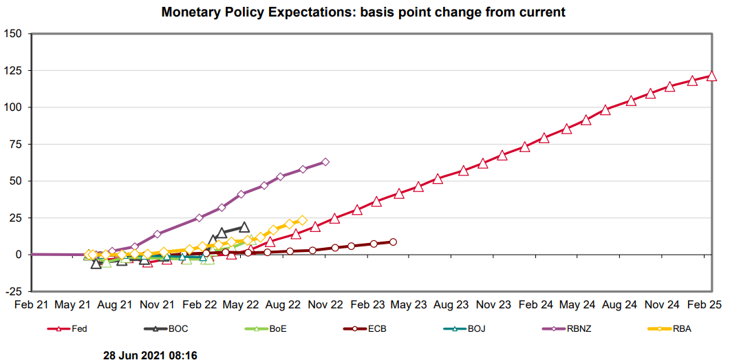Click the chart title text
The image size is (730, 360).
click(x=363, y=12)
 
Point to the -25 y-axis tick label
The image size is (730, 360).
click(x=13, y=291)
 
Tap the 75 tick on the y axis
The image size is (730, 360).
click(x=16, y=145)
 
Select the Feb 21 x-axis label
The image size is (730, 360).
click(x=31, y=304)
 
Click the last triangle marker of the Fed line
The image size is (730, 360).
click(x=711, y=76)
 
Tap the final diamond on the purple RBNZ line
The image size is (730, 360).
click(x=325, y=162)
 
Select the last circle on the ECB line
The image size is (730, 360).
click(x=393, y=242)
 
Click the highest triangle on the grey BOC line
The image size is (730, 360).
click(x=244, y=226)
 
